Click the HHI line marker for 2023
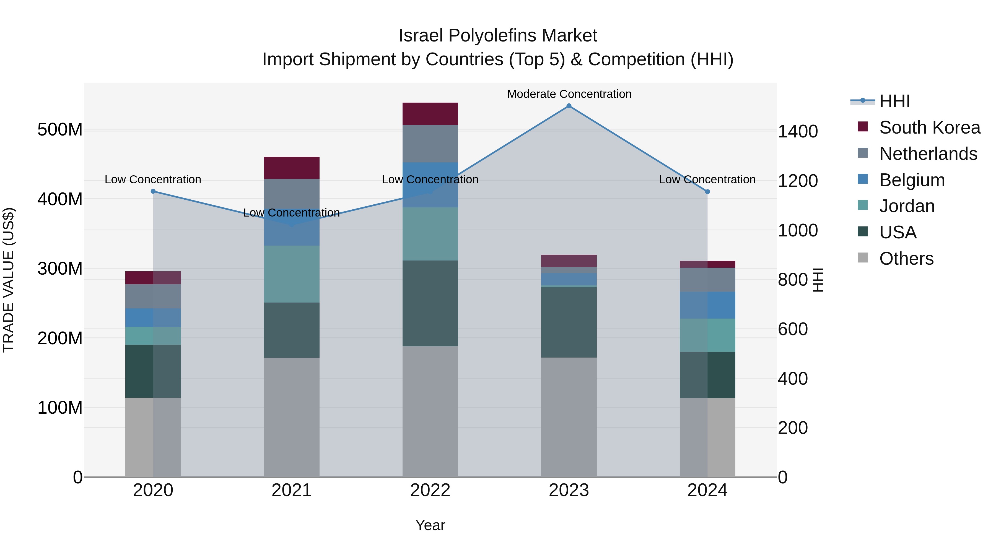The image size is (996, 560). (x=569, y=106)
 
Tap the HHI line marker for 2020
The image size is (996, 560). (x=153, y=191)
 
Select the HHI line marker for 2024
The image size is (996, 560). (x=707, y=192)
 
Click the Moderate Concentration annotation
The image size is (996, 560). (x=569, y=94)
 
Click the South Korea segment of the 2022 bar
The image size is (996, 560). (x=430, y=114)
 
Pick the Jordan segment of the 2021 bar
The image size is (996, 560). (x=292, y=274)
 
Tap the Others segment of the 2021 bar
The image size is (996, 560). (x=292, y=417)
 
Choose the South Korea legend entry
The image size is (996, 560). (x=930, y=127)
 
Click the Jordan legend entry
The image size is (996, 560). (x=907, y=206)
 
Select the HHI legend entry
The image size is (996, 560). (x=894, y=101)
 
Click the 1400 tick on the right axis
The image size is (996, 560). (x=798, y=131)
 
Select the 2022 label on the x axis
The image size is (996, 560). (x=430, y=490)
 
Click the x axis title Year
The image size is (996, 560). (x=430, y=525)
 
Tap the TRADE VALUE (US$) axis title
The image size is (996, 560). (x=9, y=280)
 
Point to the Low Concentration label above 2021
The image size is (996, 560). (x=292, y=213)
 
